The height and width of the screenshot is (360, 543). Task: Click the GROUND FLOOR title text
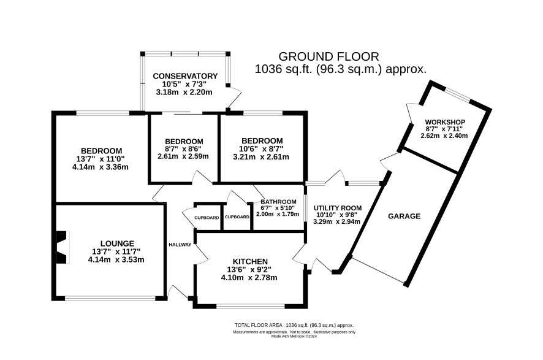point(328,56)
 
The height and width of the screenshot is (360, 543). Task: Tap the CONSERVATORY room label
point(185,76)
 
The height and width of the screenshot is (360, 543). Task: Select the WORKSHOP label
point(445,122)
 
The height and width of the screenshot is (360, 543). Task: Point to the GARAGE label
point(404,216)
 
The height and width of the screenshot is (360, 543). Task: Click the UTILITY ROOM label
point(338,208)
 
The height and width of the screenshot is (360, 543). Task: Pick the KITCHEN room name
point(250,261)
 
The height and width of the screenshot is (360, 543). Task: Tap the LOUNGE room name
point(118,243)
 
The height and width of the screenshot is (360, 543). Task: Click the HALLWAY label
point(180,245)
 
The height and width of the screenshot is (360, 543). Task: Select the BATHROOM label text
point(278,202)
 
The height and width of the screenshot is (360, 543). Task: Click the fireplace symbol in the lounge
point(63,247)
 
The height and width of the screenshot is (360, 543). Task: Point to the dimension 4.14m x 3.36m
point(101,167)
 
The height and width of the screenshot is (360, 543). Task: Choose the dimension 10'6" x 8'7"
point(262,148)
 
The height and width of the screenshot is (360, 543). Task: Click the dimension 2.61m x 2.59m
point(183,156)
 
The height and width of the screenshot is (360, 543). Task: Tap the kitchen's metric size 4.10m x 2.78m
point(249,278)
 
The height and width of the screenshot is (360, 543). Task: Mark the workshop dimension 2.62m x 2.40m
point(444,136)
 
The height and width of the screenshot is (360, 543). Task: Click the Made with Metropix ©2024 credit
point(294,336)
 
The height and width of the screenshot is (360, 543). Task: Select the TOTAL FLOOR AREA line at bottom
point(294,326)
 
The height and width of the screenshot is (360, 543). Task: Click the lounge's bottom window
point(110,298)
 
